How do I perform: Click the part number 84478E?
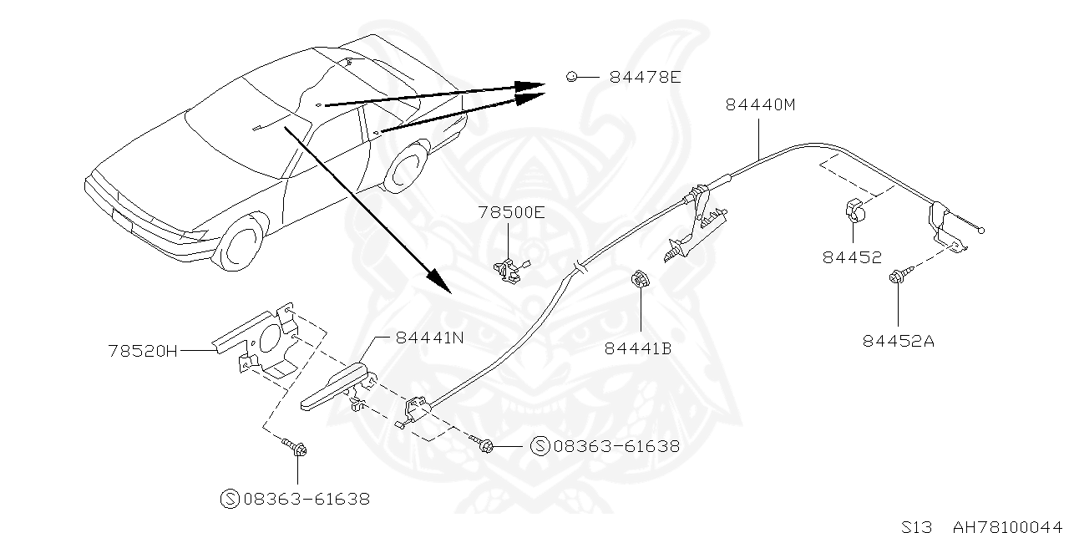[646, 77]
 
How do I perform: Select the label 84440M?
[761, 104]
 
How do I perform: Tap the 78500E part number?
[512, 212]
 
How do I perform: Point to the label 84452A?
[898, 341]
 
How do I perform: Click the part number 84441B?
[638, 348]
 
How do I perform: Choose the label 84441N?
[430, 338]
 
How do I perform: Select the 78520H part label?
[143, 351]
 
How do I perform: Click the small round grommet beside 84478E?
[571, 76]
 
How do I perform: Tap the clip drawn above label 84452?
[855, 211]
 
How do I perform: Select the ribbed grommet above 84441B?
[640, 279]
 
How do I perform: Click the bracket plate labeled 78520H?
[260, 339]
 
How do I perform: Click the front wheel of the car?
[241, 245]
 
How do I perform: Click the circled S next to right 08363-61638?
[540, 446]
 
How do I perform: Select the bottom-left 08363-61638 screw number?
[307, 499]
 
